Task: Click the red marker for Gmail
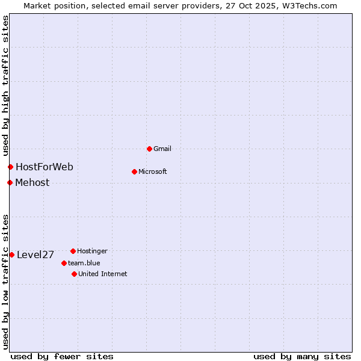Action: [149, 149]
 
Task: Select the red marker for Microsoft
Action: [134, 171]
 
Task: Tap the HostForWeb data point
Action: [10, 167]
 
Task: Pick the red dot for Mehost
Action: [10, 182]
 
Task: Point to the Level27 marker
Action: [11, 255]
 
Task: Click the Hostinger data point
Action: [73, 251]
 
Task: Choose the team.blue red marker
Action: [64, 263]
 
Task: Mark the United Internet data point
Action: [74, 274]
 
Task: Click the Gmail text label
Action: [162, 149]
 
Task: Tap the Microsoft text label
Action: [153, 171]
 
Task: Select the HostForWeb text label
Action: [45, 167]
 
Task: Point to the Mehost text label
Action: [32, 182]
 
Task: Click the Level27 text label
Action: [35, 255]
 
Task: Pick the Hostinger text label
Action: [92, 251]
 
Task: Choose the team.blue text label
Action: [84, 263]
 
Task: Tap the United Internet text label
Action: [103, 274]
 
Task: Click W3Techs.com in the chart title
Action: [308, 5]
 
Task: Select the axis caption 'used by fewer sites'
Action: [62, 356]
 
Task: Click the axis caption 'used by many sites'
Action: [302, 356]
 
